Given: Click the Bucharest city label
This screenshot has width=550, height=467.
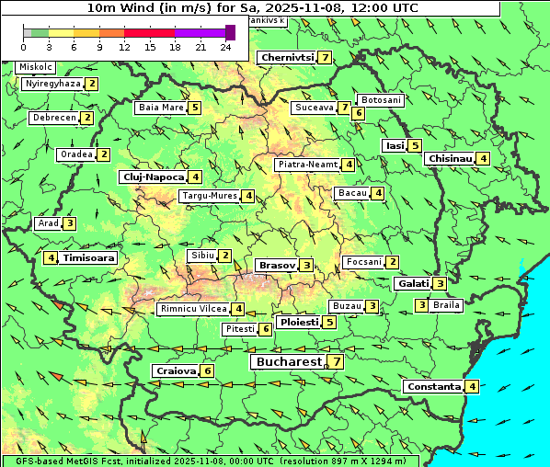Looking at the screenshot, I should [x=287, y=362].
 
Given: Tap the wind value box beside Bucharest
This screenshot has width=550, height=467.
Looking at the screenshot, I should [x=338, y=362].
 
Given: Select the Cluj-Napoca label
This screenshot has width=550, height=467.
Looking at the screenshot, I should [x=152, y=177].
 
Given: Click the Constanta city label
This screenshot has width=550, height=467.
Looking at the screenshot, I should [x=433, y=386].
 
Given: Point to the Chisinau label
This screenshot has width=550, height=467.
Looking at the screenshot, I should [x=450, y=158].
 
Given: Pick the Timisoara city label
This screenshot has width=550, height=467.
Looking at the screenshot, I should [x=89, y=258].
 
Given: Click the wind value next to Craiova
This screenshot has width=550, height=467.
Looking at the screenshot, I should [x=208, y=370].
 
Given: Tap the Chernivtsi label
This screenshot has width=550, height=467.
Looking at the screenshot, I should [x=287, y=57].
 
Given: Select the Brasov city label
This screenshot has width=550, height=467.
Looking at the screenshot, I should [x=275, y=265].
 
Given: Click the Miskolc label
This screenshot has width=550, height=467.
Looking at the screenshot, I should [x=36, y=67].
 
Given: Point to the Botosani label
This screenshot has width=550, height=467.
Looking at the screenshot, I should [x=381, y=99].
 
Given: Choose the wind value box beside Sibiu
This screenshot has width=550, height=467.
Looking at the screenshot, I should [x=225, y=255].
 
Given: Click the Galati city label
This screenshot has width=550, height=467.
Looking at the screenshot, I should [x=413, y=283].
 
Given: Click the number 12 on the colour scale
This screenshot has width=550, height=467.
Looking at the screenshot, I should [x=124, y=47].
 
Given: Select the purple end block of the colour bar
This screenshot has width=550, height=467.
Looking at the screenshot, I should [x=230, y=32].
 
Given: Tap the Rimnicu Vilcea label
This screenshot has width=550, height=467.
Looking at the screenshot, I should [x=192, y=309].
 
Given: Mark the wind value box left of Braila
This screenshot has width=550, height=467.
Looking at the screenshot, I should [x=421, y=305].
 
